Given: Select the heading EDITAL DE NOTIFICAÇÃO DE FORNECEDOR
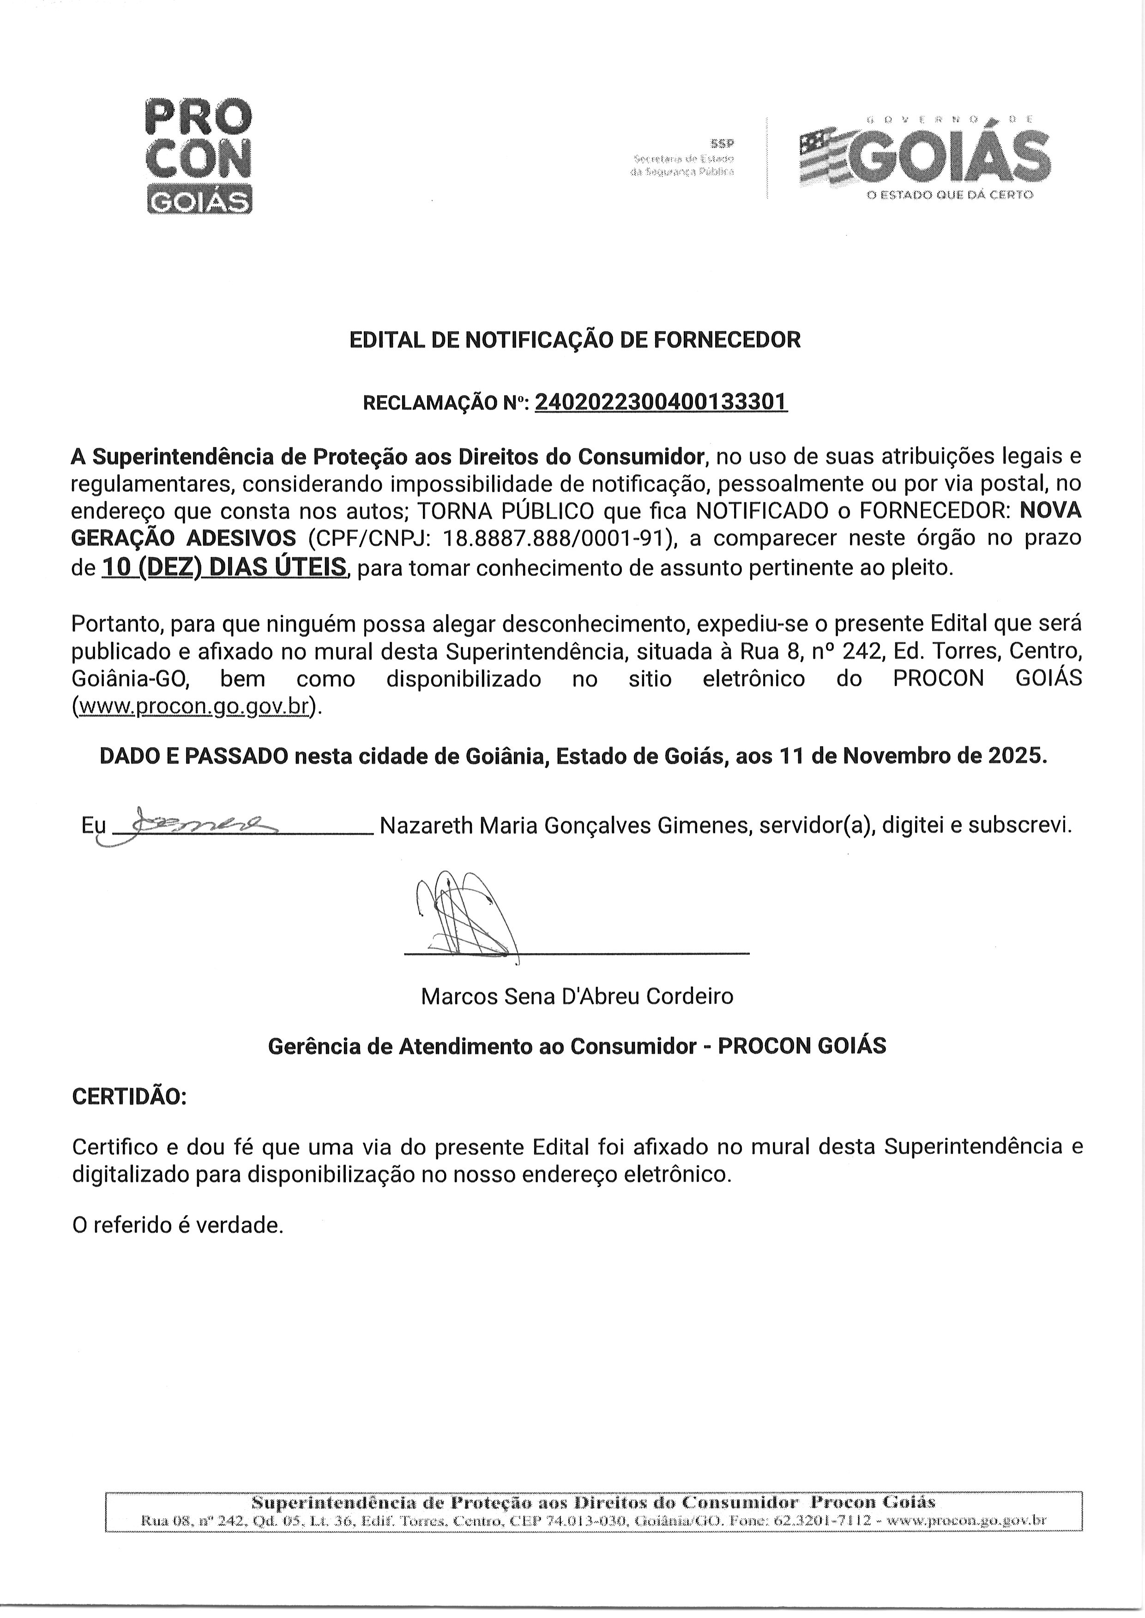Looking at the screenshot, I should pos(575,340).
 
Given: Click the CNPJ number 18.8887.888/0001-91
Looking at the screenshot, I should pos(554,538).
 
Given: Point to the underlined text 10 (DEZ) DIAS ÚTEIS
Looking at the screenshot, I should pos(224,568).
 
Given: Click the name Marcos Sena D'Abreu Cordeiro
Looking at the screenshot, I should pos(577,996).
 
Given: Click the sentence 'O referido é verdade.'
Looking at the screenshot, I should pos(178,1226).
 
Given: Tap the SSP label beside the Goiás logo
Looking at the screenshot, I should pos(722,144).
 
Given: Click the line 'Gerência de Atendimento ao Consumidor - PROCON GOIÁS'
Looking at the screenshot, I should pos(577,1046).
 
